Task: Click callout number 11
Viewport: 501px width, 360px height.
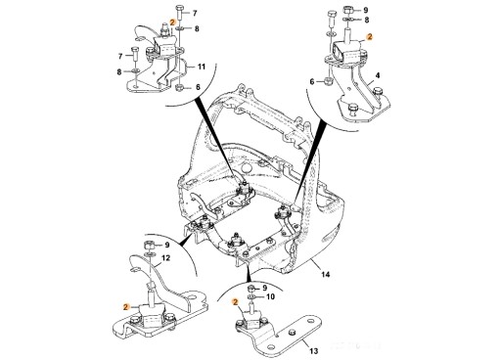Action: pos(202,67)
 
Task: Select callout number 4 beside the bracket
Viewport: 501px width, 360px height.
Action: pos(378,75)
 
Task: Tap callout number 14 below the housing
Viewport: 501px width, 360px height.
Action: pos(326,275)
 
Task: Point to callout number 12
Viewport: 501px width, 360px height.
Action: pos(165,258)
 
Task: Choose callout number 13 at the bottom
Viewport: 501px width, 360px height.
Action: pos(313,351)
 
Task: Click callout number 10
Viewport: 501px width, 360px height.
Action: pos(271,296)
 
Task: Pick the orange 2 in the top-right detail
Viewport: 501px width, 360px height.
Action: pos(369,37)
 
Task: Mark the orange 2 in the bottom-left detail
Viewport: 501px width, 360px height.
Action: pos(126,306)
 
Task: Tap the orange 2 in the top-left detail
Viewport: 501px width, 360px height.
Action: pos(172,22)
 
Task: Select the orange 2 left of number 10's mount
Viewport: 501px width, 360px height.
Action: pos(235,302)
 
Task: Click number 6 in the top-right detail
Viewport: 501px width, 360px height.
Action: pos(312,81)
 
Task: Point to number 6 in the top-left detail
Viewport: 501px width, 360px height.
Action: pos(198,87)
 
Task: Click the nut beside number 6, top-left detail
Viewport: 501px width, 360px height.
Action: pos(179,87)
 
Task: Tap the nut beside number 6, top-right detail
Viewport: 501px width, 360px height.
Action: pos(328,81)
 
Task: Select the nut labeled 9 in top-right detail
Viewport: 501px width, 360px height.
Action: pos(348,11)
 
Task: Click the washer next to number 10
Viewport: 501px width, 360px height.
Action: pos(252,296)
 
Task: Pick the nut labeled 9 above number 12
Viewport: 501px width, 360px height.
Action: pos(149,245)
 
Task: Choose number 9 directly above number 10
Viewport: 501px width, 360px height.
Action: pos(265,288)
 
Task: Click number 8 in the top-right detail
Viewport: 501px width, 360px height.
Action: pos(367,20)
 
